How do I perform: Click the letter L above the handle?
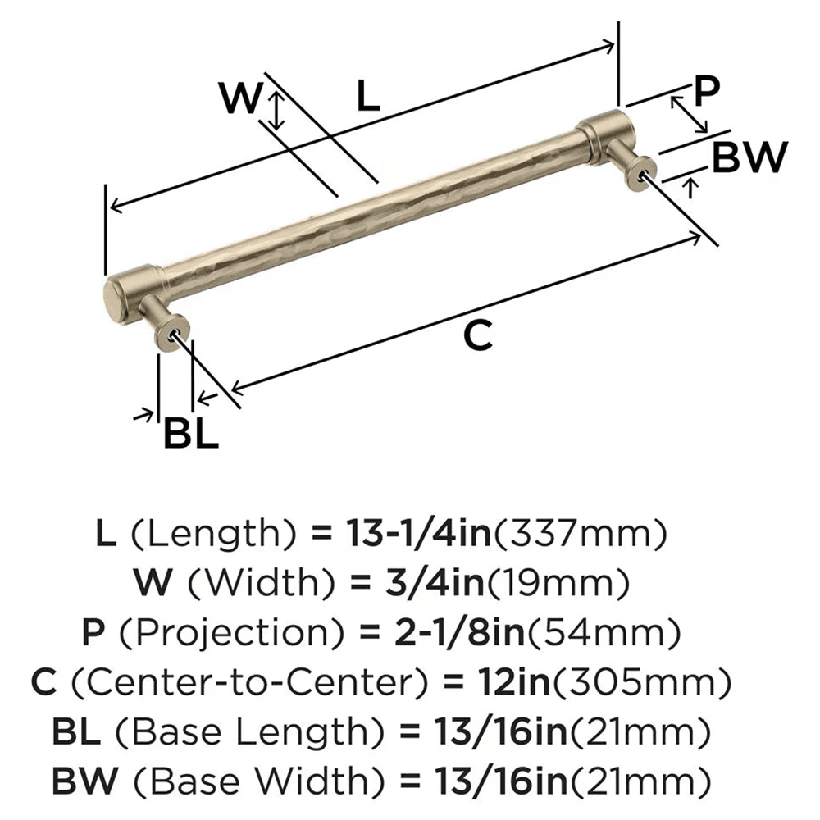click(x=368, y=95)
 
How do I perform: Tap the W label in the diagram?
click(x=240, y=98)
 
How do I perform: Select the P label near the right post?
click(x=707, y=90)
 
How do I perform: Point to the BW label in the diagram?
click(x=750, y=157)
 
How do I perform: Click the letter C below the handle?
click(x=478, y=335)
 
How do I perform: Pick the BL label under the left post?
click(x=190, y=432)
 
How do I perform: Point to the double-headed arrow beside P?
click(x=690, y=114)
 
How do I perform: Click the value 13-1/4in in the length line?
click(x=418, y=533)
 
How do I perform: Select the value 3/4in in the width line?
click(x=435, y=582)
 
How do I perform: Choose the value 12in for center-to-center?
click(x=514, y=682)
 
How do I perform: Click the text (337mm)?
click(x=581, y=534)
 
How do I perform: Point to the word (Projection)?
click(x=232, y=633)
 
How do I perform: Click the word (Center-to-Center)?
click(x=249, y=683)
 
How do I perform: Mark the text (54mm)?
click(x=604, y=633)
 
